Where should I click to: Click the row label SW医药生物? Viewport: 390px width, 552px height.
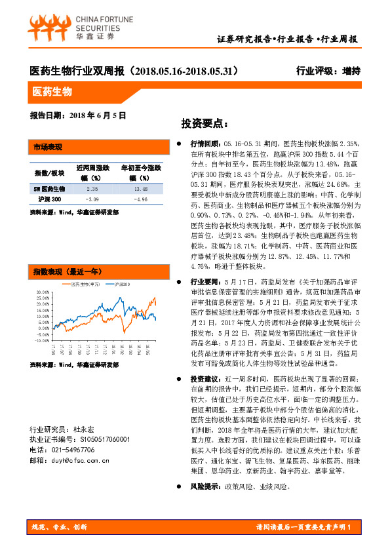click(49, 188)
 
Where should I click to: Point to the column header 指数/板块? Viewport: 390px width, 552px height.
click(49, 172)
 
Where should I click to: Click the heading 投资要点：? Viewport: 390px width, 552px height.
click(204, 123)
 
